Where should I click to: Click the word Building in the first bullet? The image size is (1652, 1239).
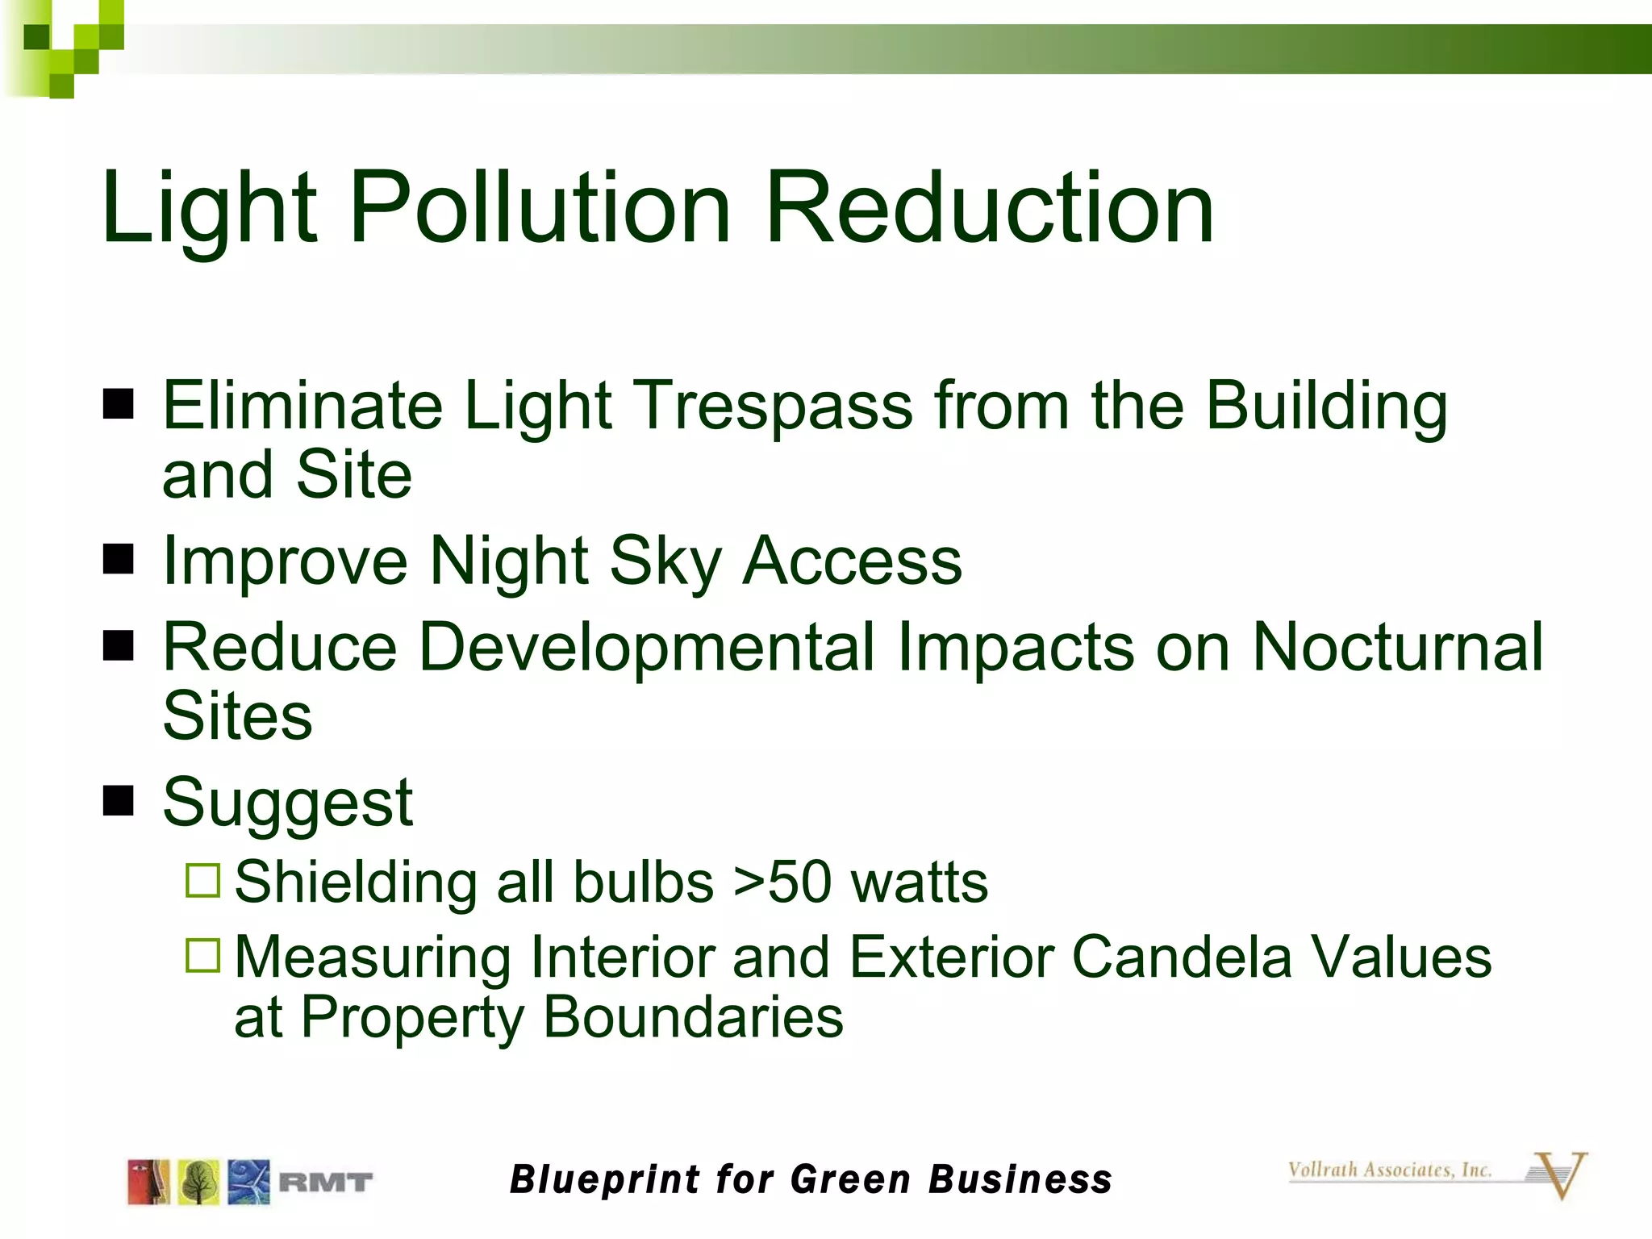click(1326, 406)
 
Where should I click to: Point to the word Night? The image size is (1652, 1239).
click(509, 561)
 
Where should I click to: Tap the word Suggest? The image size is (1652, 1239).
click(288, 803)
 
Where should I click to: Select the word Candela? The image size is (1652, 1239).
click(1182, 957)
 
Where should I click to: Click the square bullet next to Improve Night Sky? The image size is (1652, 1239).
click(119, 559)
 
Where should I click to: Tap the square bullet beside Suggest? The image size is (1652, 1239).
click(119, 801)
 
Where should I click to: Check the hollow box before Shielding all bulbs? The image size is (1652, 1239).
click(202, 880)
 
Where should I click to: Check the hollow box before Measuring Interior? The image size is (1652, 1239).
click(202, 955)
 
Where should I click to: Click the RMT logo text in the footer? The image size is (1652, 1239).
click(325, 1183)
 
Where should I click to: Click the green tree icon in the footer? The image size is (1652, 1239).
click(198, 1183)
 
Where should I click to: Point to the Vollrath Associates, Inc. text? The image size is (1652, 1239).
click(1389, 1170)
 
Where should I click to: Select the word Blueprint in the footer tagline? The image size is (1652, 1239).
click(605, 1179)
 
